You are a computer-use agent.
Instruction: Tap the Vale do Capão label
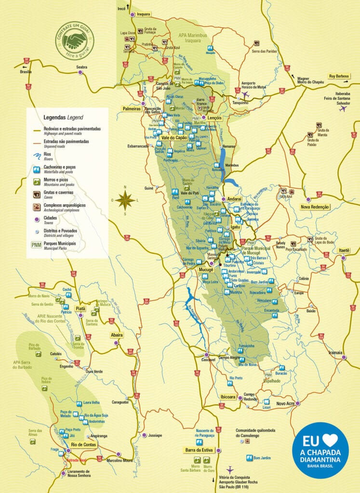[174, 138]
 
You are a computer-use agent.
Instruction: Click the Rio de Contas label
[83, 444]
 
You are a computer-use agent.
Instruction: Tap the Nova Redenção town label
[315, 207]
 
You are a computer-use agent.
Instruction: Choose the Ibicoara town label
[228, 397]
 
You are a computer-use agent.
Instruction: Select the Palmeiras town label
[132, 109]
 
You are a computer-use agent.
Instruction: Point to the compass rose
[125, 200]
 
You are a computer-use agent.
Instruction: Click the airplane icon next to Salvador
[343, 109]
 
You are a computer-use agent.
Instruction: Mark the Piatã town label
[80, 308]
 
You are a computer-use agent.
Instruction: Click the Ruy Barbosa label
[338, 76]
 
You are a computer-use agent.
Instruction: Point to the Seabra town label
[81, 67]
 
